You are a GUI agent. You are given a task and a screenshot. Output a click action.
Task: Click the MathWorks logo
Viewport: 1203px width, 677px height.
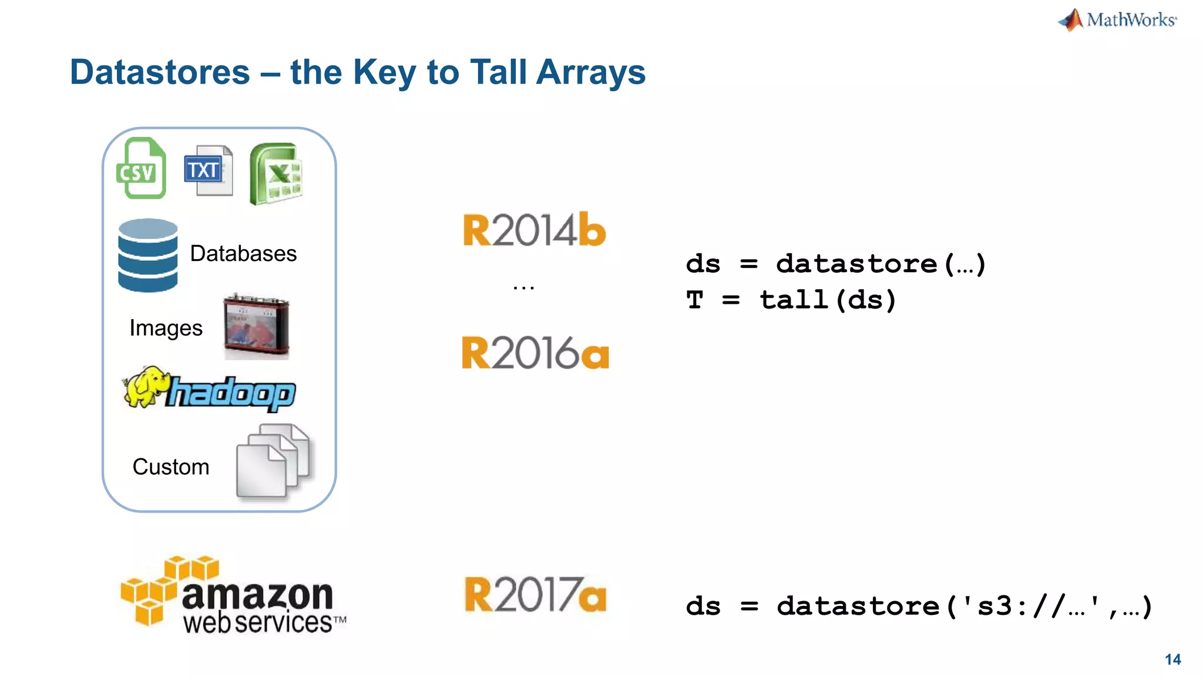click(1118, 20)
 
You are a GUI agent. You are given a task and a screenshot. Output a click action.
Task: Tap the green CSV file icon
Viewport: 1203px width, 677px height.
click(141, 169)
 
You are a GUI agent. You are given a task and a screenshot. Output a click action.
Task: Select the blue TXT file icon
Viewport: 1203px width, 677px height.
click(208, 170)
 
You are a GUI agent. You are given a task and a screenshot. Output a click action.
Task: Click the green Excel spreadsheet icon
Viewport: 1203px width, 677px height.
click(275, 174)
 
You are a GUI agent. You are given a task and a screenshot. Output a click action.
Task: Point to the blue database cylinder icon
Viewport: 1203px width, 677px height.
click(147, 255)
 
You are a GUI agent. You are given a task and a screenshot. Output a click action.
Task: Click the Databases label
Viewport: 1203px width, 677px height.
click(243, 253)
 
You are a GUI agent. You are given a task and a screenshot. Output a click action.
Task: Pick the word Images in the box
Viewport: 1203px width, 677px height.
click(166, 328)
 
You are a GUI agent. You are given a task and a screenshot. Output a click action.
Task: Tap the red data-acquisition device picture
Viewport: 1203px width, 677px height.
click(257, 326)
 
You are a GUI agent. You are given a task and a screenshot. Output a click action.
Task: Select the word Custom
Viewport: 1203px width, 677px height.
click(170, 467)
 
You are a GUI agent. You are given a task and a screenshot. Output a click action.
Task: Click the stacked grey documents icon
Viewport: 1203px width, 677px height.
click(274, 462)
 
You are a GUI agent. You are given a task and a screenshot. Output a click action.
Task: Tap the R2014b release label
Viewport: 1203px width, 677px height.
click(534, 230)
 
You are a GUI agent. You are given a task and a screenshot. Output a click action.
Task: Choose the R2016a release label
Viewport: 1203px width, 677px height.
click(535, 353)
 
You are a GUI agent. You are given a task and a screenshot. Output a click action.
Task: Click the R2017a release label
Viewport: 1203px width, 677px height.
click(535, 595)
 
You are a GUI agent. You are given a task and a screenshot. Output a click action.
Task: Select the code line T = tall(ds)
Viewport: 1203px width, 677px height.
click(791, 300)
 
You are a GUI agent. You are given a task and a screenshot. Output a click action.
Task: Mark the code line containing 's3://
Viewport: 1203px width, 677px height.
click(918, 606)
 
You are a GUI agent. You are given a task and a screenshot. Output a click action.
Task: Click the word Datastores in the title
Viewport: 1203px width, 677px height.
click(160, 72)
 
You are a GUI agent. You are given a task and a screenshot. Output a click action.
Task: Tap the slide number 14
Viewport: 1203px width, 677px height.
click(1172, 659)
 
